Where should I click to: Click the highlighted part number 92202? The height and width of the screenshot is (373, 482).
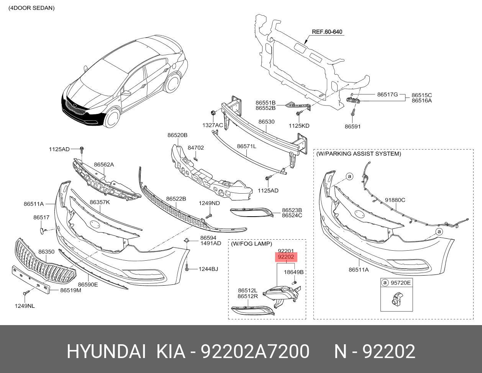tap(286, 257)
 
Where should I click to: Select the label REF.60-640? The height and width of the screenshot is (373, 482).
tap(327, 32)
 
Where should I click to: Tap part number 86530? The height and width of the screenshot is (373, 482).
tap(266, 122)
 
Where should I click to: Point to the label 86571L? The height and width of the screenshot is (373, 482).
tap(246, 146)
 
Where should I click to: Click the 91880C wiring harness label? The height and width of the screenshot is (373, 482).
tap(395, 200)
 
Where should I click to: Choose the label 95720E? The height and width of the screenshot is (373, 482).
tap(400, 283)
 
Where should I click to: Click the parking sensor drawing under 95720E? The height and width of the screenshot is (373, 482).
tap(397, 298)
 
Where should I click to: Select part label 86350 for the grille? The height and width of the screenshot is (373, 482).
tap(46, 252)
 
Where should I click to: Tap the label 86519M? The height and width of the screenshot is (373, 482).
tap(70, 290)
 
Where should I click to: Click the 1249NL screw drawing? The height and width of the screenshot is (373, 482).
tap(26, 293)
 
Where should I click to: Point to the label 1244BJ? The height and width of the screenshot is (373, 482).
tap(208, 269)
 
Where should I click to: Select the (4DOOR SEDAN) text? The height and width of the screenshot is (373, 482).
tap(31, 8)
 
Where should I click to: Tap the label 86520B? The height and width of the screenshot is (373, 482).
tap(177, 135)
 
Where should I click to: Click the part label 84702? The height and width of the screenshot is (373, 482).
tap(195, 148)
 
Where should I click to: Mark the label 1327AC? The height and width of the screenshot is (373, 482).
tap(213, 125)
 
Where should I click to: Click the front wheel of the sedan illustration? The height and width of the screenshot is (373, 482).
tap(113, 118)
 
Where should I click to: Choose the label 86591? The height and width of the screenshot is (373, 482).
tap(352, 126)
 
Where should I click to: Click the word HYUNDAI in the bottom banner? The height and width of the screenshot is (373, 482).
tap(106, 351)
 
